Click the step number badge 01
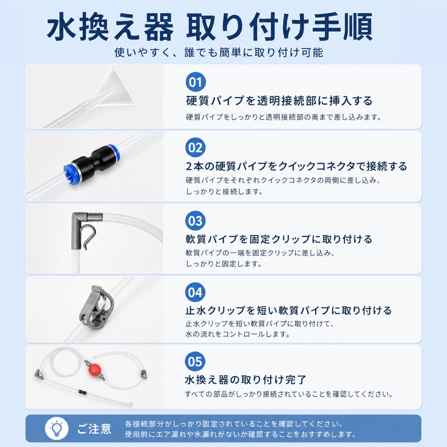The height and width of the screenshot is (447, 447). pos(196,82)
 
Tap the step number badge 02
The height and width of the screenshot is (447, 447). pos(195,147)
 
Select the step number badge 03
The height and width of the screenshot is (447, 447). pos(195,221)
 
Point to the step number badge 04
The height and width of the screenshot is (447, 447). pos(195,292)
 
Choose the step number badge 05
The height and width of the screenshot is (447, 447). pos(195,361)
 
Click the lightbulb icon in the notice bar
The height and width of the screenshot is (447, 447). pos(57,428)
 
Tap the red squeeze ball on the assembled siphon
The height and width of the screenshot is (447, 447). pos(95,369)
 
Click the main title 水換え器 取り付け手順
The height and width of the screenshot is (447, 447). pos(210,27)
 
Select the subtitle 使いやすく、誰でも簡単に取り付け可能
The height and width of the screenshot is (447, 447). pos(219,53)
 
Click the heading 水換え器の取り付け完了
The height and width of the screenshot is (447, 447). pos(246,380)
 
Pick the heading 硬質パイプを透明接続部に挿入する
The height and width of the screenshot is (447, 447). pos(279,101)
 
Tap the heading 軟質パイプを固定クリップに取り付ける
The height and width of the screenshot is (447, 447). pos(279,239)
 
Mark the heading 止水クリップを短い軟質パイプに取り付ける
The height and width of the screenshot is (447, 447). pos(288,310)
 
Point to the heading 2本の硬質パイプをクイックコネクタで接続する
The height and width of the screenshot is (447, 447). pos(296,166)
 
